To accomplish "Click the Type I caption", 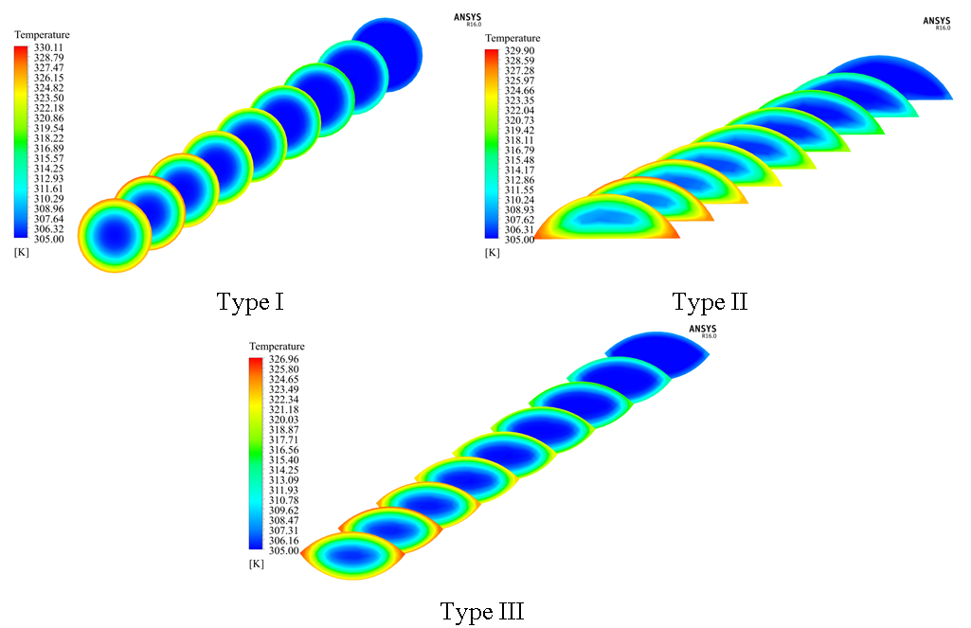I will tap(251, 303).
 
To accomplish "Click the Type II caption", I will tap(710, 303).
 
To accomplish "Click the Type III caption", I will tap(481, 612).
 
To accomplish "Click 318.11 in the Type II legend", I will tap(519, 139).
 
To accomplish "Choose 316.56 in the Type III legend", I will tap(282, 452).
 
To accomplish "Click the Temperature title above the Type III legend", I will tap(277, 347).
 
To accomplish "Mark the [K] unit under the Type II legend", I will tap(492, 252).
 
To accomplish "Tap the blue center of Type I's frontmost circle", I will tap(115, 233).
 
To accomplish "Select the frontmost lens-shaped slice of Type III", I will tap(353, 556).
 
